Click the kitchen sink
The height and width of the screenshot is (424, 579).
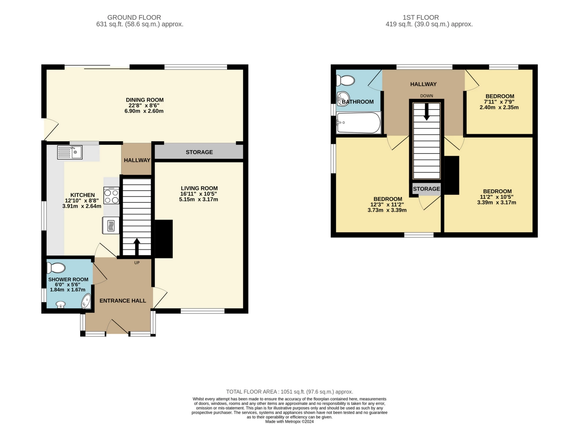point(69,152)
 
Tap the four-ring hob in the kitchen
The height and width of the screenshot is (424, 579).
point(111,195)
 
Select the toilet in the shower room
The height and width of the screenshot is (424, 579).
point(56,267)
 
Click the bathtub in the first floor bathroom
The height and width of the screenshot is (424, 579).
point(359,123)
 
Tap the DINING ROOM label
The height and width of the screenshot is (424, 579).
point(145,100)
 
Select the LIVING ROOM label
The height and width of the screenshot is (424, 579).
point(199,188)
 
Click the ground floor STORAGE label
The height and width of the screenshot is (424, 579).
point(199,152)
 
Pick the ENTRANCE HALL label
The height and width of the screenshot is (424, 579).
point(123,301)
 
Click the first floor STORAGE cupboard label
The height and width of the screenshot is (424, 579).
point(426,189)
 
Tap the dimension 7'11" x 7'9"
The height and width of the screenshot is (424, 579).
point(499,102)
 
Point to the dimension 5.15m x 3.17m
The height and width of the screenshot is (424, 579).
point(198,199)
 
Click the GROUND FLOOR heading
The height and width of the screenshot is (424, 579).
point(134,17)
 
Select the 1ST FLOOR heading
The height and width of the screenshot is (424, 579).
point(421,17)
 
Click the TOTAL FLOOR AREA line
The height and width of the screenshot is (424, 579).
point(289,392)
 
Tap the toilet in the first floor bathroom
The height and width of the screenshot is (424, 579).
point(346,81)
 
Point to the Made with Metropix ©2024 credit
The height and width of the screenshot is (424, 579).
point(289,422)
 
